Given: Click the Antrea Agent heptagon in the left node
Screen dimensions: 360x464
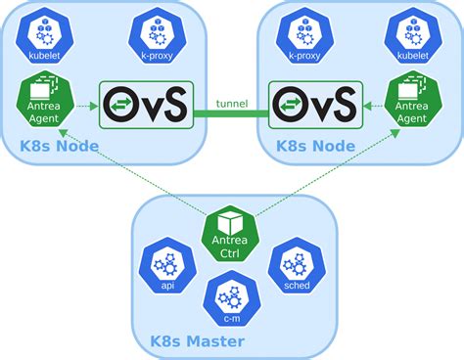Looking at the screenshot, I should coord(42,101).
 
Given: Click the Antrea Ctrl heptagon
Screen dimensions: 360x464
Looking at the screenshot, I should coord(231,232).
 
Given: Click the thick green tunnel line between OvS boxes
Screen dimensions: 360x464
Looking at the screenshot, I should coord(231,114).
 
